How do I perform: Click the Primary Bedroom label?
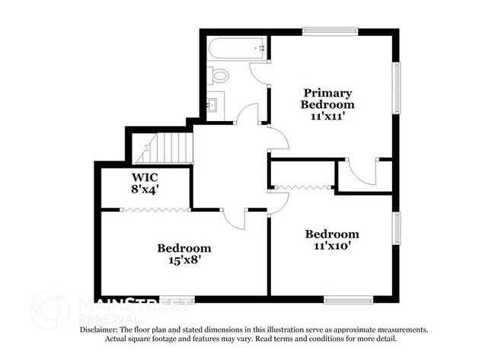tap(327, 97)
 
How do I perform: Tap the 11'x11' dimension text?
tap(327, 117)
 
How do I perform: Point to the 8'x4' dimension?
tap(144, 190)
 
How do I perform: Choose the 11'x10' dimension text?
tap(332, 246)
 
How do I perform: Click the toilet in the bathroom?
tap(219, 75)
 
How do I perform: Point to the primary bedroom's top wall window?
tap(330, 31)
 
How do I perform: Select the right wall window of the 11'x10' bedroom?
tap(395, 232)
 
